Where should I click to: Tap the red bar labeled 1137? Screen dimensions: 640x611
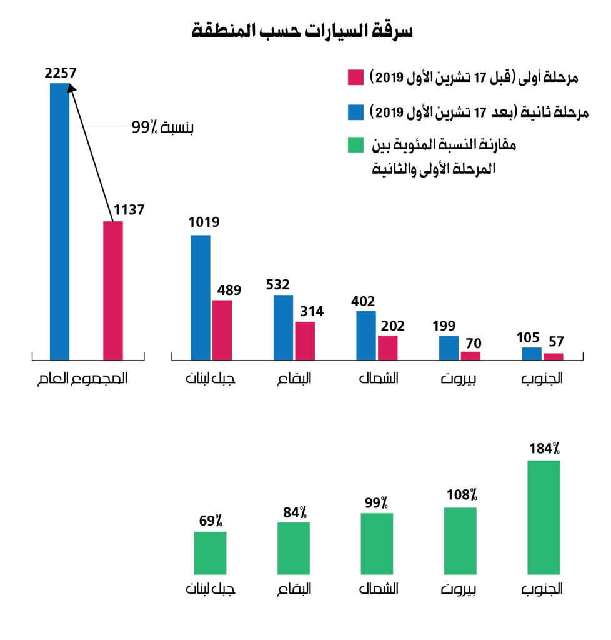[x=112, y=291]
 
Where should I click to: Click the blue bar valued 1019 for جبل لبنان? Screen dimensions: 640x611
[x=200, y=297]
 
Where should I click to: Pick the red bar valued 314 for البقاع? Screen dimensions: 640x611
[x=305, y=341]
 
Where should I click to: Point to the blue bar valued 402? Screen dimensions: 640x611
[x=366, y=336]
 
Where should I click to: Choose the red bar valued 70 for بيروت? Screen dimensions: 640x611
[x=470, y=356]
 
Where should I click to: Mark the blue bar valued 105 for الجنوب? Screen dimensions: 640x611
[x=532, y=354]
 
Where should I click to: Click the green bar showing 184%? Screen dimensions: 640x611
[x=544, y=517]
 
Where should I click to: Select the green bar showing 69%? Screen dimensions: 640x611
[x=210, y=552]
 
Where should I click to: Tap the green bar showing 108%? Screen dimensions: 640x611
[x=460, y=541]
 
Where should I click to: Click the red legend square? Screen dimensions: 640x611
[x=356, y=78]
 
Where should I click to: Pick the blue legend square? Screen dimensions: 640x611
[x=356, y=113]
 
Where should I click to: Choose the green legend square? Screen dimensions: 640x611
[x=356, y=147]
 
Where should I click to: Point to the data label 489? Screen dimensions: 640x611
[x=228, y=290]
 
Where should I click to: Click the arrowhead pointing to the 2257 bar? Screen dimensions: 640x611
[x=70, y=89]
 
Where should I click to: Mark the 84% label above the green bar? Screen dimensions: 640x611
[x=294, y=512]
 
